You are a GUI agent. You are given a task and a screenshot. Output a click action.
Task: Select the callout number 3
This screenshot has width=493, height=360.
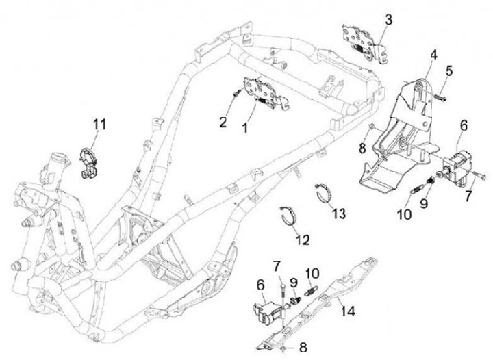pyautogui.click(x=388, y=19)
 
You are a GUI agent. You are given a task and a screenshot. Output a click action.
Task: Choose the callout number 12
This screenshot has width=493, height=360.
pyautogui.click(x=303, y=240)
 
